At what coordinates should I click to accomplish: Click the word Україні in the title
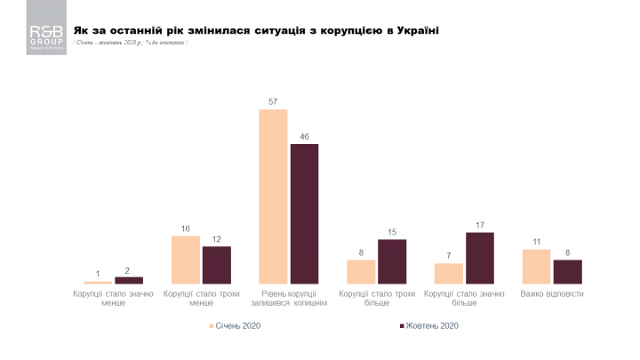(x=415, y=30)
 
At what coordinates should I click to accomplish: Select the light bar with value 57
(x=274, y=196)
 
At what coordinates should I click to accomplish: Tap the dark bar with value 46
(x=304, y=213)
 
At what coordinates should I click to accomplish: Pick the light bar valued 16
(x=186, y=260)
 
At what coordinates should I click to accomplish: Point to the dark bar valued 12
(x=216, y=265)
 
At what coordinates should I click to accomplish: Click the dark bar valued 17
(x=479, y=258)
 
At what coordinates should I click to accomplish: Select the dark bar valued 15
(x=391, y=261)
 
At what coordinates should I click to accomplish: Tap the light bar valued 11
(x=536, y=267)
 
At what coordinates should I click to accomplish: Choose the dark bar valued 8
(x=567, y=271)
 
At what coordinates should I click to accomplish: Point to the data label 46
(x=304, y=137)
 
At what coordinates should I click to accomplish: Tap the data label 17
(x=479, y=225)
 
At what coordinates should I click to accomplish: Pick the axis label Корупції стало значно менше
(x=113, y=298)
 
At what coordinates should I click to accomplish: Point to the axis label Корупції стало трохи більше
(x=376, y=298)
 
